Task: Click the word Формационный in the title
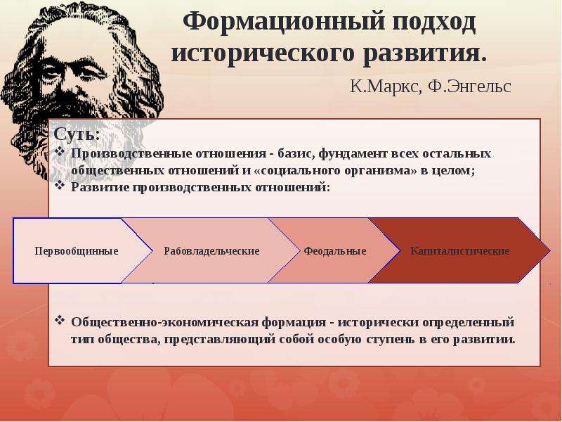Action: [x=285, y=23]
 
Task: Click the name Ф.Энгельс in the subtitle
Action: [x=470, y=87]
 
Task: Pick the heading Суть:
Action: [x=77, y=134]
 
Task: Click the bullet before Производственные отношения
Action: [x=60, y=152]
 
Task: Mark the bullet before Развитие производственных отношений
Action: [x=60, y=186]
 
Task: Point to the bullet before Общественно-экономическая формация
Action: [x=60, y=320]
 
